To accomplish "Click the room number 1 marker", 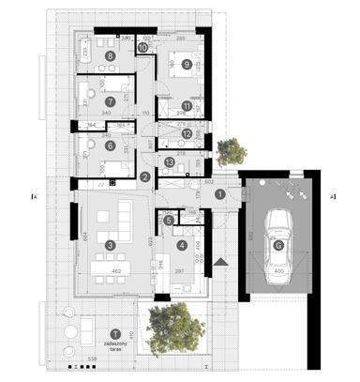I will [x=219, y=194].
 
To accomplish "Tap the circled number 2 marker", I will [x=144, y=176].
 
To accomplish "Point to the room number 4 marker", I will [x=182, y=246].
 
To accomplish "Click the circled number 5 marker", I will [x=169, y=221].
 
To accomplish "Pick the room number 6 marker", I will [x=110, y=145].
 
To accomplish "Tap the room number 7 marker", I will [x=110, y=101].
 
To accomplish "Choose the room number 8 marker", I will [x=110, y=57].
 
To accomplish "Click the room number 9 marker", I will [x=187, y=64].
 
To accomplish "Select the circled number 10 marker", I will [x=142, y=47].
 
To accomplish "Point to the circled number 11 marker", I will [x=187, y=107].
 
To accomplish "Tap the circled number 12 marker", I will [x=187, y=134].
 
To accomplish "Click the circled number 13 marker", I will [x=170, y=162].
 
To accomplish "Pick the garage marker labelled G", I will [x=278, y=246].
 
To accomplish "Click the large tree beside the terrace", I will [x=175, y=329].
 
